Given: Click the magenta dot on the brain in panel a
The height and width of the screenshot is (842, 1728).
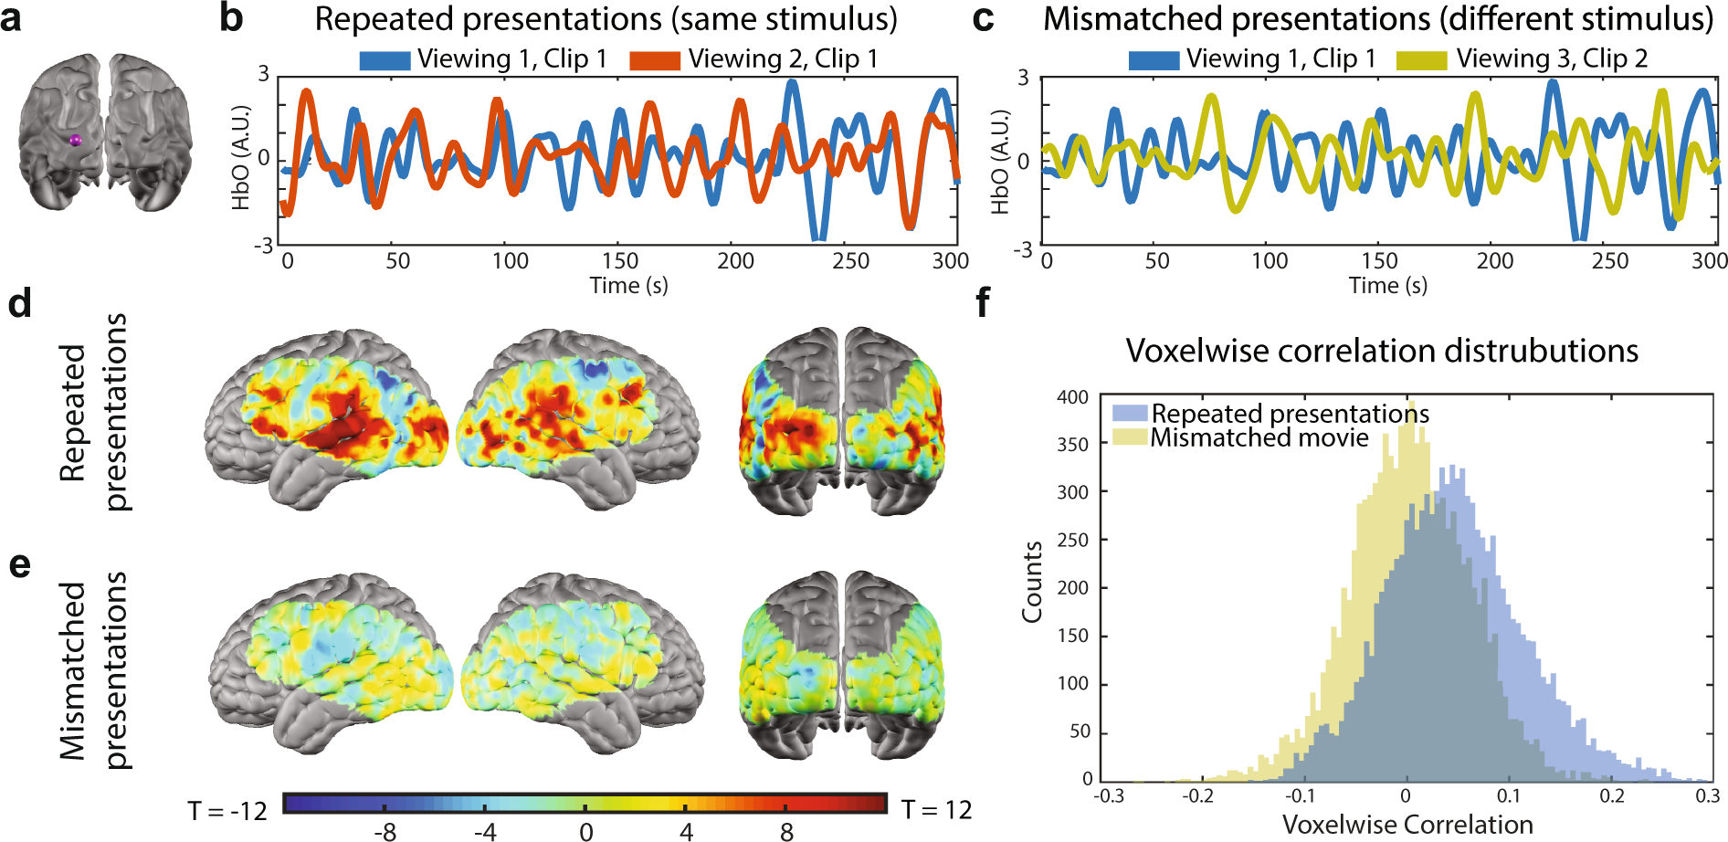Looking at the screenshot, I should (76, 140).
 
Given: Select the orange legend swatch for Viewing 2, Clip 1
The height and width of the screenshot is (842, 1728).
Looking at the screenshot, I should (655, 60).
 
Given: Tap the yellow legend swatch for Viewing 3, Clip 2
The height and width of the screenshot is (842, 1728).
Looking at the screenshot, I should (1421, 60).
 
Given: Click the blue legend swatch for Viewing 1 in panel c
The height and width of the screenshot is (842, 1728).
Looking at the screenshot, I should (1154, 60).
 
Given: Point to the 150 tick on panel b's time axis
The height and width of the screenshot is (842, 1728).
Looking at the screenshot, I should (620, 261).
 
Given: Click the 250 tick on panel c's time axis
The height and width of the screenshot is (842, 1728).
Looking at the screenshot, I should (1609, 261).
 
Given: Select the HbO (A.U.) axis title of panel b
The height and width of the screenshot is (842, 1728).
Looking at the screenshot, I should (241, 158).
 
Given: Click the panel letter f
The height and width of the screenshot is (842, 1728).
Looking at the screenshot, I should (983, 302).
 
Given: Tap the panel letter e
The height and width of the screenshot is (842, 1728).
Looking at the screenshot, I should (19, 564).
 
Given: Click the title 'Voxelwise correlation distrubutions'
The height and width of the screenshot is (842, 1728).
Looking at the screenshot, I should (1381, 351).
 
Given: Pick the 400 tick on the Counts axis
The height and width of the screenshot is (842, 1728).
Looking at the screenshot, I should (1072, 397).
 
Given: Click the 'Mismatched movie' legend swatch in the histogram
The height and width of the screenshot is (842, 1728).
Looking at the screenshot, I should (1130, 437).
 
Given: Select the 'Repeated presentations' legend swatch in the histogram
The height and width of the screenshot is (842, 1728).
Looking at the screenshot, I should (1130, 413).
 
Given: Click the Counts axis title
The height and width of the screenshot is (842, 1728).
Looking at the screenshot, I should (1032, 583).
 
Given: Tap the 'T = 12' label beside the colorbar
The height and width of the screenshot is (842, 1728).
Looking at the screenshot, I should (936, 810).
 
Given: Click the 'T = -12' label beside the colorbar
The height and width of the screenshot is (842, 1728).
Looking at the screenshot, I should (227, 811).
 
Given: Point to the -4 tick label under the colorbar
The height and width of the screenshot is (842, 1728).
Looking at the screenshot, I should (484, 832).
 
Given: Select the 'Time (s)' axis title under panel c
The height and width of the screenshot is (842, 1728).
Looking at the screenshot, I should (1387, 286).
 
